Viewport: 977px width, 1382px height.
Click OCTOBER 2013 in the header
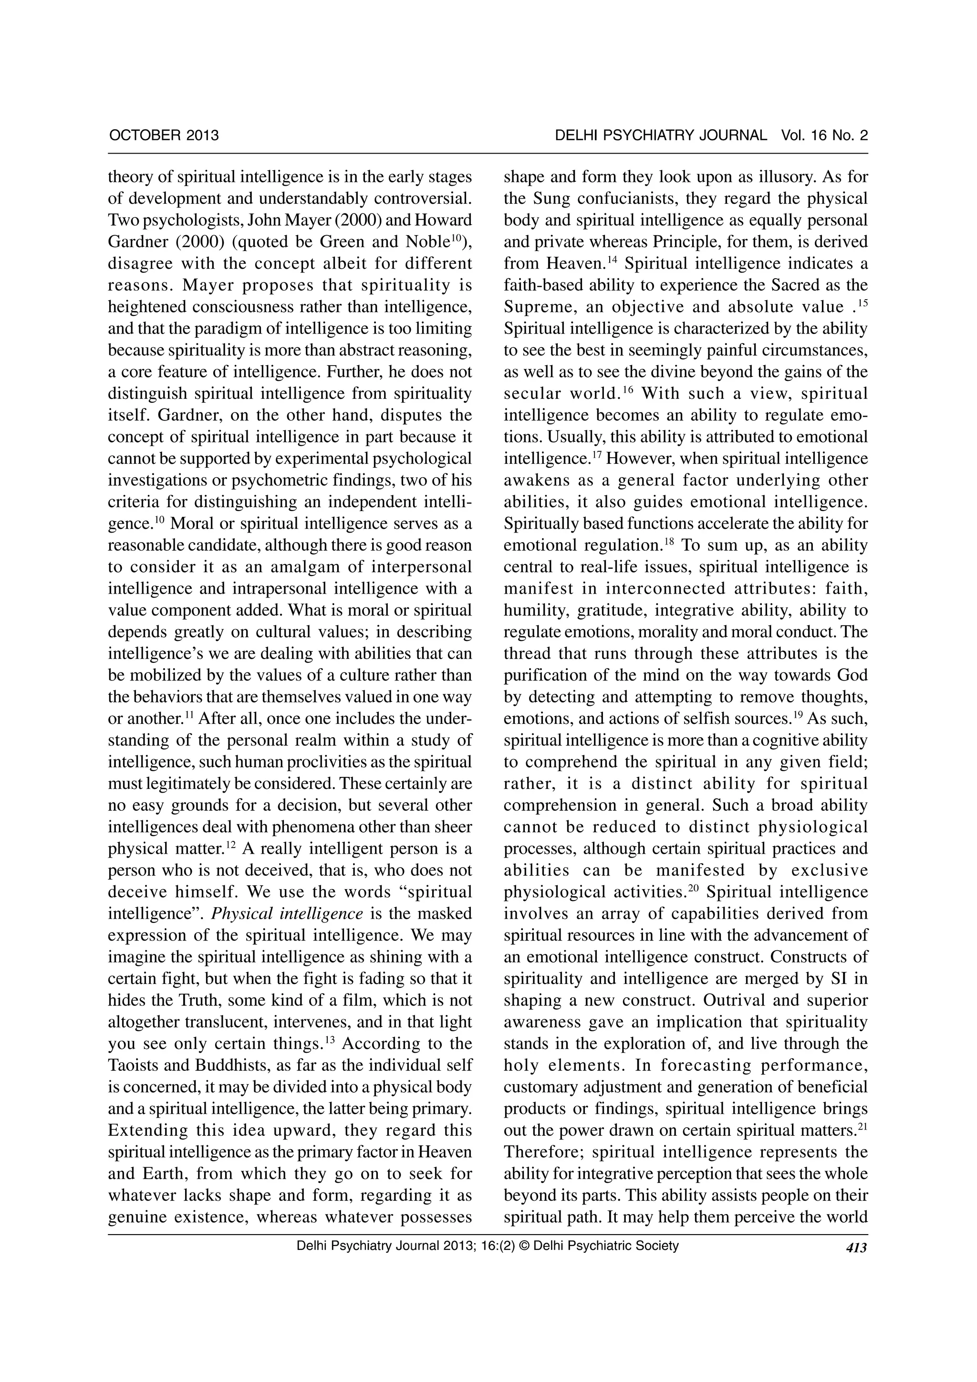click(164, 136)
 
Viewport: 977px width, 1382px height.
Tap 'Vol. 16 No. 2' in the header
click(824, 136)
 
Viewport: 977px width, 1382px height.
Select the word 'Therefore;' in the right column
click(543, 1152)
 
